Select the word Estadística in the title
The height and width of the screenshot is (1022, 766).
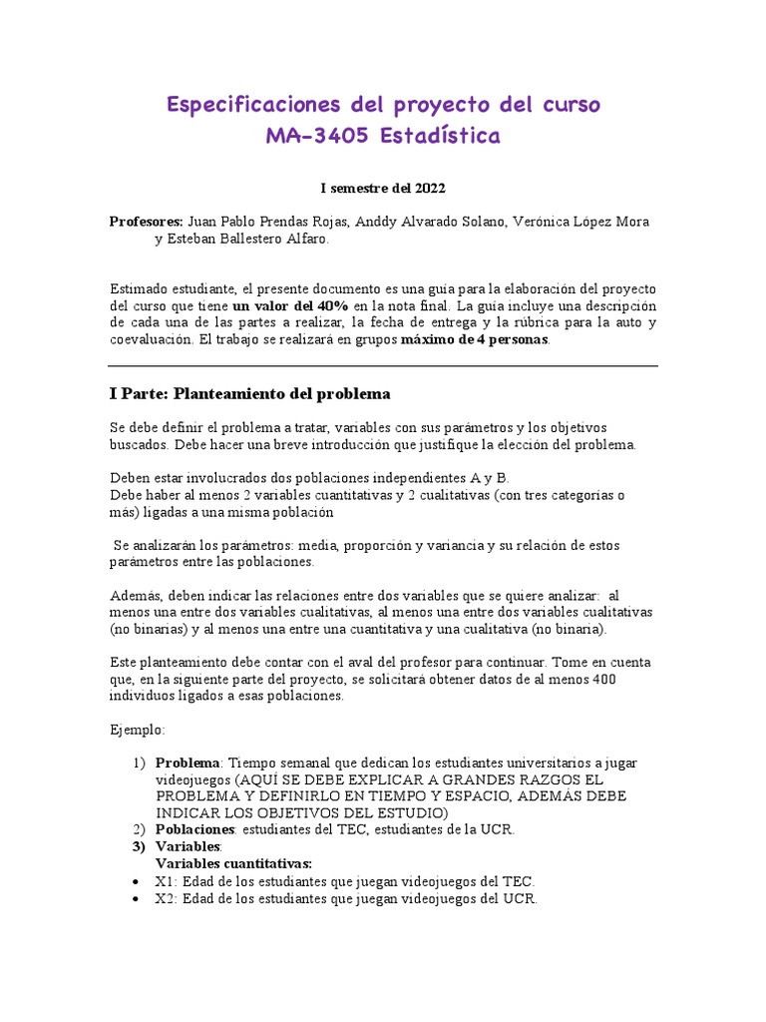click(440, 136)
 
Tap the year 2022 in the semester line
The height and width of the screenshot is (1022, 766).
click(427, 187)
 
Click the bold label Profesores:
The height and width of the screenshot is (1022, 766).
click(146, 222)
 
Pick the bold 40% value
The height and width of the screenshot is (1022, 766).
click(327, 304)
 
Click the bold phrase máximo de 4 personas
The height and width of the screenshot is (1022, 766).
click(474, 339)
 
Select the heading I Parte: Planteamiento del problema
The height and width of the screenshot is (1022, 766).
click(249, 393)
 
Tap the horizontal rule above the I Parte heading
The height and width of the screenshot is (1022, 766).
click(383, 366)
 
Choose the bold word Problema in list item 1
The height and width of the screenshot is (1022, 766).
click(187, 763)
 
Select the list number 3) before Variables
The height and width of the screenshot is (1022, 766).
click(140, 846)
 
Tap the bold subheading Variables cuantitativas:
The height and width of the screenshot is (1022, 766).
click(233, 863)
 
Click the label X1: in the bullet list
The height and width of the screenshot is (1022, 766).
click(166, 881)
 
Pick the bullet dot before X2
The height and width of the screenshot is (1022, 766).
click(135, 898)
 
